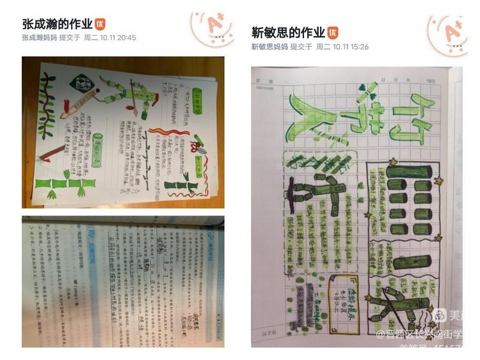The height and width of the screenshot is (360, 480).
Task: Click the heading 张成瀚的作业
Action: click(57, 24)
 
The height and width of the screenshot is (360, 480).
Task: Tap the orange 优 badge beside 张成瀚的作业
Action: click(100, 24)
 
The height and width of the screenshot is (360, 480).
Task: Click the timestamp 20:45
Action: click(125, 38)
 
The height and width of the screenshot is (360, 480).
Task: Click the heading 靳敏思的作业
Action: click(288, 32)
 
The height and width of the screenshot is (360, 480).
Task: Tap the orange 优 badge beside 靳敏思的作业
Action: click(333, 32)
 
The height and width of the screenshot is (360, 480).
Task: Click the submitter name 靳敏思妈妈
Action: click(269, 47)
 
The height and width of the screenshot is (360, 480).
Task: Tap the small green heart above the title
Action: click(362, 88)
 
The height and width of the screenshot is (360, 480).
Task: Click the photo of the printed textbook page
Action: click(123, 281)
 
